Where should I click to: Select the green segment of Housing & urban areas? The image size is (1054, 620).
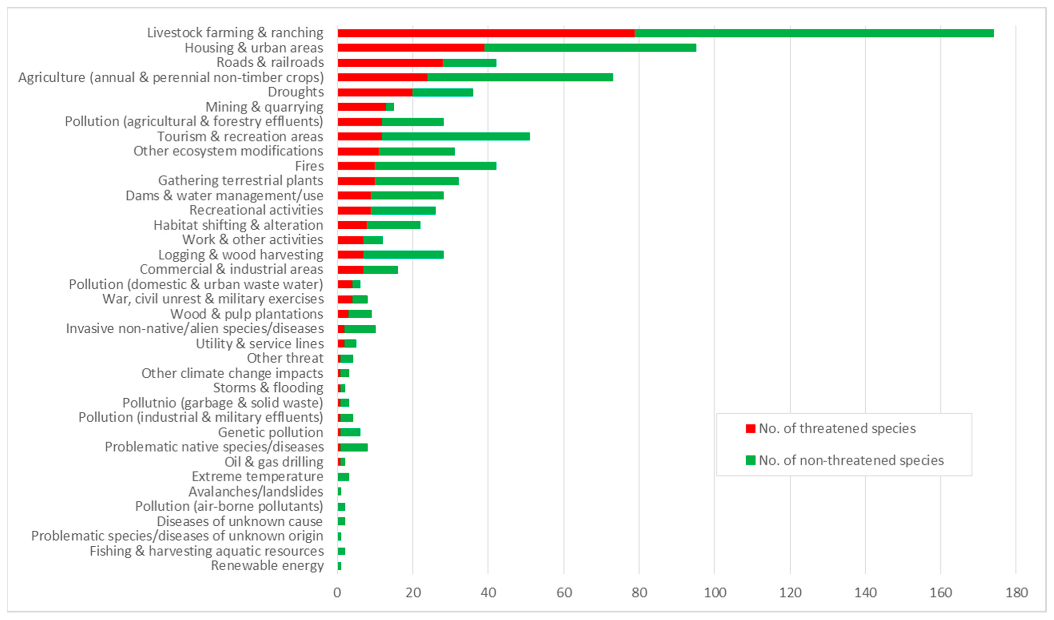(590, 48)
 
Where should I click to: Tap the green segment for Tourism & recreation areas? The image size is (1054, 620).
(456, 136)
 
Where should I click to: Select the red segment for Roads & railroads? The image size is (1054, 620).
(390, 63)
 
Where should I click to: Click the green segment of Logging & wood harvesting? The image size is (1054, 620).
(404, 255)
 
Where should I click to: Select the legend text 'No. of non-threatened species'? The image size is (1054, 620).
(851, 460)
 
